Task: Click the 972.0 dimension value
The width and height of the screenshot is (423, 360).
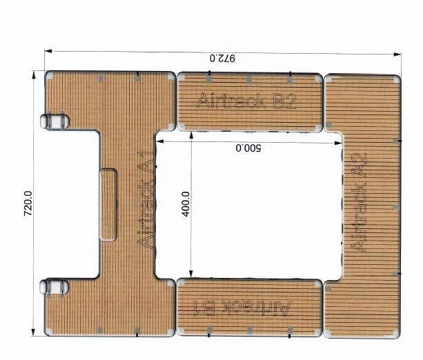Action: click(222, 59)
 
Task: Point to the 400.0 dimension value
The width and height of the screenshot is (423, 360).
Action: click(186, 205)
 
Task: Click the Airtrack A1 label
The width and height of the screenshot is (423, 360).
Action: click(146, 203)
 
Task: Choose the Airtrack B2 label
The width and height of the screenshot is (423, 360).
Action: click(246, 101)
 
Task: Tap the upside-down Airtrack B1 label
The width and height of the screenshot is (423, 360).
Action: click(244, 306)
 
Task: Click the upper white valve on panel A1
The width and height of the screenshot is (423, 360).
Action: click(54, 121)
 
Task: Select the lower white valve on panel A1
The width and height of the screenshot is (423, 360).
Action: click(54, 286)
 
